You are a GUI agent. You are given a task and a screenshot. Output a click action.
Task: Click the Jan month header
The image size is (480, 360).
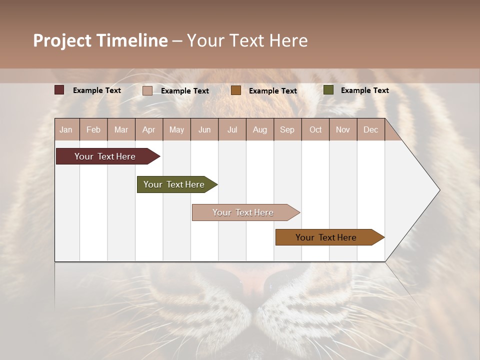66,129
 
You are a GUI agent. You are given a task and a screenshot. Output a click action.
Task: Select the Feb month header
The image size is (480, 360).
93,129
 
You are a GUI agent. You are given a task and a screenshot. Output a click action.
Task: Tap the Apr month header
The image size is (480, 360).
148,129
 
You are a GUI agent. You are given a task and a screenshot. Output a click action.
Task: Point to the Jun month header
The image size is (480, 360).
204,129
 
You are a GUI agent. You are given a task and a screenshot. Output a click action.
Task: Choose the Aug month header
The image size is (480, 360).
259,129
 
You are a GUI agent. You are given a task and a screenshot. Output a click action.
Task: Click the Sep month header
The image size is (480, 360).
287,129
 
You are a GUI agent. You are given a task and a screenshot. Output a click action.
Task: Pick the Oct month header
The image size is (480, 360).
315,129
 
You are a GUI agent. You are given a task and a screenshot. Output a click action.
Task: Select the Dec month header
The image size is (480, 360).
370,129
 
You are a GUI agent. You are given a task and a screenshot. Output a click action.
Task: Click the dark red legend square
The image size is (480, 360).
59,90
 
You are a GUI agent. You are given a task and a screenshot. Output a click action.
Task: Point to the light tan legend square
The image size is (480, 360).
147,90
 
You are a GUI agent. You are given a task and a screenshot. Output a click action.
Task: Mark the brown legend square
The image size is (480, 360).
236,90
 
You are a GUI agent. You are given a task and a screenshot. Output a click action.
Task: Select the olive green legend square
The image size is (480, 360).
328,90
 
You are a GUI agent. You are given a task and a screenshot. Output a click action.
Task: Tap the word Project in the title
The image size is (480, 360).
62,40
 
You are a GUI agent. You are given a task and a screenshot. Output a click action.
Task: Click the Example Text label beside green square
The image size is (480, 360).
364,90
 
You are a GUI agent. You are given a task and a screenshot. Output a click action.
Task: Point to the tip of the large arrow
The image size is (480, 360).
439,190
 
